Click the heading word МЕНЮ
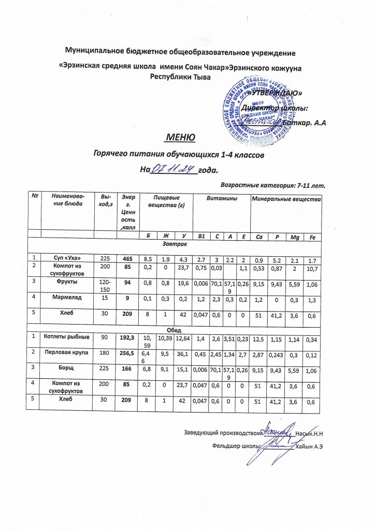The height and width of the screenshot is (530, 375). (x=180, y=138)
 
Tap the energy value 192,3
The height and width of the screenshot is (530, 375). (x=127, y=337)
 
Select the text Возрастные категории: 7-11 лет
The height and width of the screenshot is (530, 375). (x=272, y=184)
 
